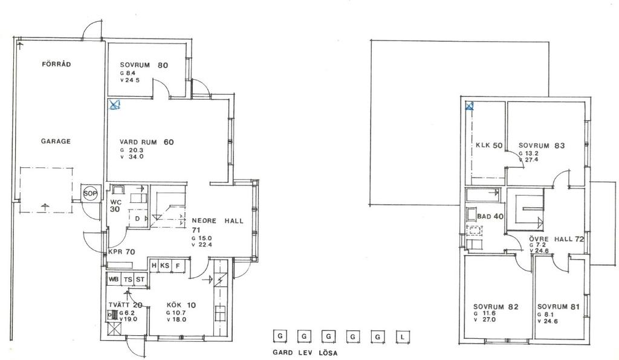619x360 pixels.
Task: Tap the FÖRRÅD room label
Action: (56, 64)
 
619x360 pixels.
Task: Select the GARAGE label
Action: (56, 141)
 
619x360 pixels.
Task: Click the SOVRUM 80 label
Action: (144, 65)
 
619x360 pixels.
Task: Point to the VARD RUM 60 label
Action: (146, 142)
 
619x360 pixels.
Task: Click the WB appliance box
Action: (114, 279)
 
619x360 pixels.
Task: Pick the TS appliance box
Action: (128, 279)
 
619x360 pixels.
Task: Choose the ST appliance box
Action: (140, 279)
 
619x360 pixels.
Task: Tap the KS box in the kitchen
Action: (164, 266)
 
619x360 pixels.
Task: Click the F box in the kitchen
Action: (178, 266)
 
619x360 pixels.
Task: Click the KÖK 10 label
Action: (181, 305)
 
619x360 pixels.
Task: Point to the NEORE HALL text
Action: (218, 221)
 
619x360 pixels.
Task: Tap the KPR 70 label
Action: (122, 252)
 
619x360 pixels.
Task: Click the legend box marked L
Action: (403, 337)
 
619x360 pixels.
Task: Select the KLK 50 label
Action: (489, 145)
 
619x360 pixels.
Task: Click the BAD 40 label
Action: (490, 216)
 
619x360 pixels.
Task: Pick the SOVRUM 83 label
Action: (542, 146)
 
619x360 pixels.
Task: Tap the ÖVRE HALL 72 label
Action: (557, 239)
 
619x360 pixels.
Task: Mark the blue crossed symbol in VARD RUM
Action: (114, 104)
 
